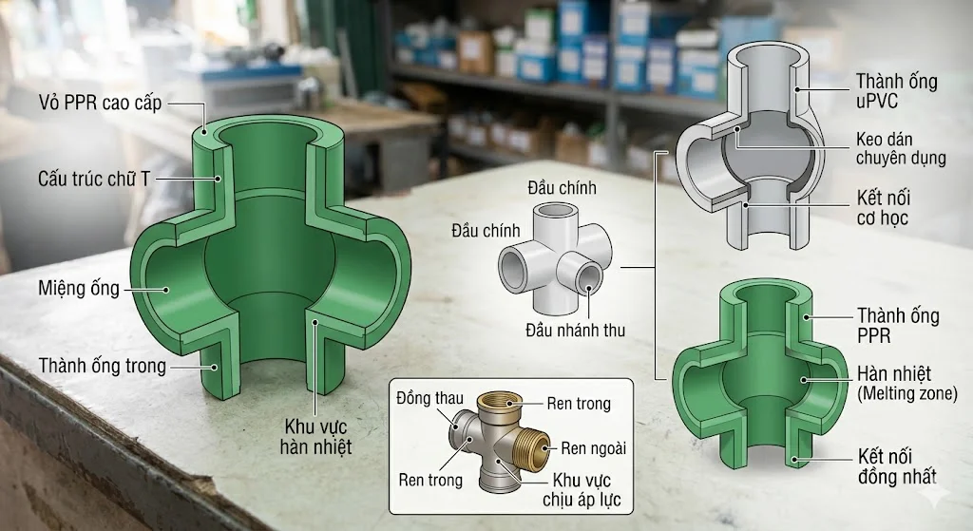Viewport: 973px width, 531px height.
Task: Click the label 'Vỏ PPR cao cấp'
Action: point(100,103)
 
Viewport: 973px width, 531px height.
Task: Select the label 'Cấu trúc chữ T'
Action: point(94,180)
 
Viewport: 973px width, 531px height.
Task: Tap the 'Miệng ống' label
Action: point(79,289)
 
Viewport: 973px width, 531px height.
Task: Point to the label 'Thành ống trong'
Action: point(103,366)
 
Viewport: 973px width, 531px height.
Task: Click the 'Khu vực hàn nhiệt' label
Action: point(315,437)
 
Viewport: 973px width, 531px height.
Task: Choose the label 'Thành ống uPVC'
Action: point(897,90)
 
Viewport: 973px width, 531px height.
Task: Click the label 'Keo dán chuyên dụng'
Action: point(901,148)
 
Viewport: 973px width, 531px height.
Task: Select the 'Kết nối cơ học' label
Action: point(883,208)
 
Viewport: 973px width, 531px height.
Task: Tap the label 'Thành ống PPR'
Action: point(898,326)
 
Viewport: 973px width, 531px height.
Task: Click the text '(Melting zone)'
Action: point(907,393)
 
